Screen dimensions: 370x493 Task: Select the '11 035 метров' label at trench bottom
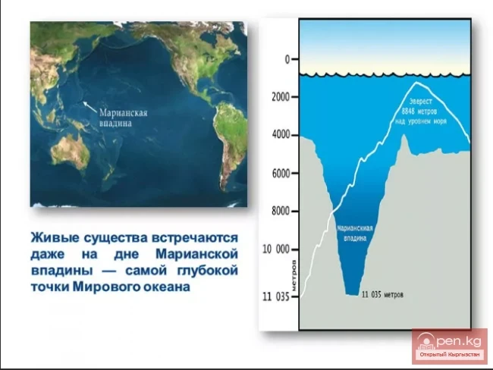(382, 293)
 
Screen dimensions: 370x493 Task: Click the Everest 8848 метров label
(425, 110)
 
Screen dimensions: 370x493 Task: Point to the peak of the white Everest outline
(417, 83)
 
